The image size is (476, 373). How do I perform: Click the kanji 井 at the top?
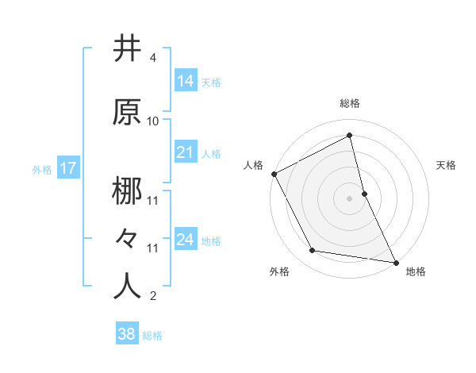point(127,49)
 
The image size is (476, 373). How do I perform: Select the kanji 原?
point(127,113)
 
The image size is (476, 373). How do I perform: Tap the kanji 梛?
point(127,193)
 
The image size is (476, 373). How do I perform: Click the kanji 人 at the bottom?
point(127,286)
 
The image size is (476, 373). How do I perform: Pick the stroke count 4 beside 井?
point(152,58)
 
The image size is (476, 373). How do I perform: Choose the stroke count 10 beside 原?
point(153,121)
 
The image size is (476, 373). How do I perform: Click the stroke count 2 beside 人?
point(152,296)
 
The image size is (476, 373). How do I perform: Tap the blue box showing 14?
point(186,80)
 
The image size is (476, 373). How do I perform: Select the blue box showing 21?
point(186,152)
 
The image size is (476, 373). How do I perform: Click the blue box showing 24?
point(186,239)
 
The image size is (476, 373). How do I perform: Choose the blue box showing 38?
point(127,334)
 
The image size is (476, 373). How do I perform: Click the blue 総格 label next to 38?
point(152,336)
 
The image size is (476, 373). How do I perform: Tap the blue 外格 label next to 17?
point(42,169)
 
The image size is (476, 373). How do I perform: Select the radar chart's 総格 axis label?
point(350,103)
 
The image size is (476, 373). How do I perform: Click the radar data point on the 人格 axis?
point(274,174)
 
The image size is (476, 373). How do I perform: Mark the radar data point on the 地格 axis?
point(395,261)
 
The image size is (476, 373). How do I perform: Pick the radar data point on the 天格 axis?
point(364,193)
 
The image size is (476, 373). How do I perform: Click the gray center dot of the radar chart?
point(350,198)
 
